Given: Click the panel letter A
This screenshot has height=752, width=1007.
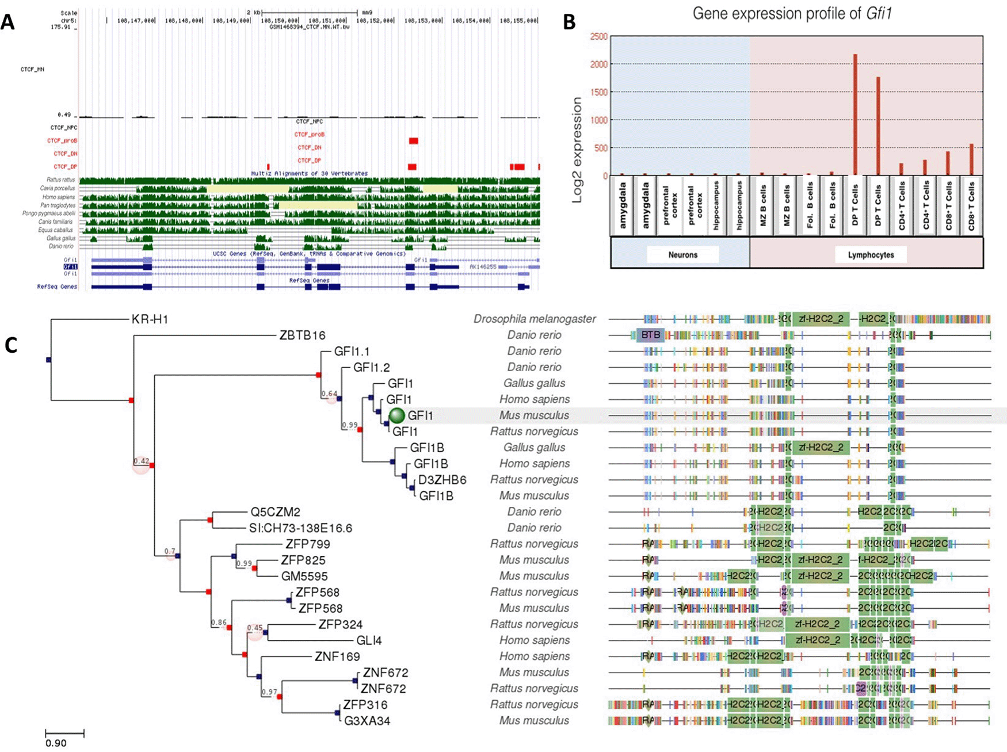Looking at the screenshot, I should tap(8, 22).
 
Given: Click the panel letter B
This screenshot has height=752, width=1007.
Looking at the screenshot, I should tap(569, 22).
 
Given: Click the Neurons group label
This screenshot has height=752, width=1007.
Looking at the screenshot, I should tap(682, 255).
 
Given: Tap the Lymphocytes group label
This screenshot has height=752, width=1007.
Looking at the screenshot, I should tap(871, 255).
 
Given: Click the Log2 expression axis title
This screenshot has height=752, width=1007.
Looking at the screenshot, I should tap(577, 150).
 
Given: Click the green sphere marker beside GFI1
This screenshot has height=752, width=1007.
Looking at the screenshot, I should tap(397, 415).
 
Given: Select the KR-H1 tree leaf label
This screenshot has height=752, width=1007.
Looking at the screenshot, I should tap(150, 319).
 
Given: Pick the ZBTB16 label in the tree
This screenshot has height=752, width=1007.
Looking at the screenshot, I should tap(302, 335).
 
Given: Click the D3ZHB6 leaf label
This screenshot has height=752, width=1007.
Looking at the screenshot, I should tap(442, 480).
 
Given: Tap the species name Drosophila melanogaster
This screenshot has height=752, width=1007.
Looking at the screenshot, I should tap(535, 319).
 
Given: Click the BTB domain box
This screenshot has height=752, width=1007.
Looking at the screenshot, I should tap(650, 335).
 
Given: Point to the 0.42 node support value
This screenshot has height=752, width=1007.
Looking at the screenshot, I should tap(141, 461).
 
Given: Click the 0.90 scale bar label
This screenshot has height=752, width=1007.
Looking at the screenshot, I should tap(56, 743).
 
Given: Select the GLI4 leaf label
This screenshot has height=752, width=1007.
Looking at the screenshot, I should tap(369, 640).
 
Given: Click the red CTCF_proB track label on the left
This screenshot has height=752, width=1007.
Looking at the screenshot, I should tap(63, 140).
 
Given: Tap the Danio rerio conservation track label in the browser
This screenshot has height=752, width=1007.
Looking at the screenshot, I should tap(61, 246).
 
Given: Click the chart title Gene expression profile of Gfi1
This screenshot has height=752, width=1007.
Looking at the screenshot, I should tap(792, 13).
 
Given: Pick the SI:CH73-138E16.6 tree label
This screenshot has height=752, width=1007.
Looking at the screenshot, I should tap(300, 528).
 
